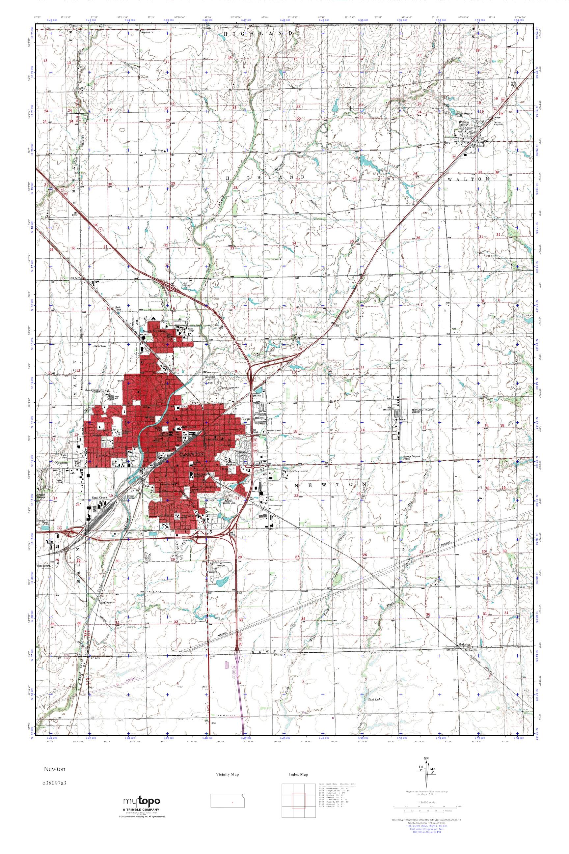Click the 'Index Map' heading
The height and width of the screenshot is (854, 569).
click(x=299, y=774)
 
